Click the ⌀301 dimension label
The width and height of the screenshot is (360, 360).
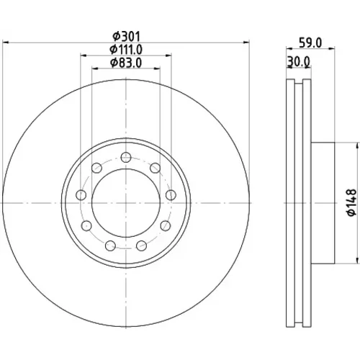[126, 37]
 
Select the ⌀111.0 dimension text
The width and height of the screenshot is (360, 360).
[126, 50]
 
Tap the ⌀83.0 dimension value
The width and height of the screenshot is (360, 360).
[126, 63]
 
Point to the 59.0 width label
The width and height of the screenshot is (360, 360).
[310, 43]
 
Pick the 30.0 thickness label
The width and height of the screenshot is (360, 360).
[299, 62]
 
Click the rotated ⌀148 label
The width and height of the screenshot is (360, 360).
[352, 202]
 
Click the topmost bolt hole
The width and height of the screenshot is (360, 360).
[126, 158]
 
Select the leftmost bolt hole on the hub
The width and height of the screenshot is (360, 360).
[81, 195]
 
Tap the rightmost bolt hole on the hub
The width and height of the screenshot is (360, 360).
[171, 195]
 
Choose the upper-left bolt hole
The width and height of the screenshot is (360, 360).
[96, 168]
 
